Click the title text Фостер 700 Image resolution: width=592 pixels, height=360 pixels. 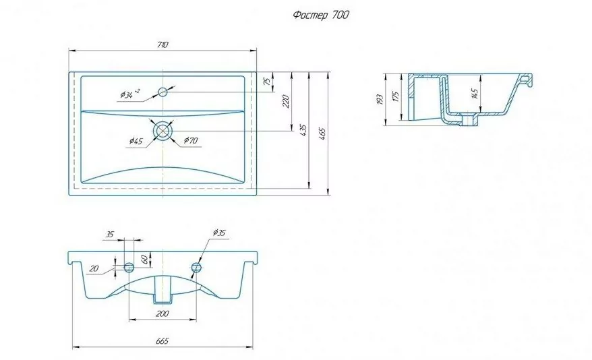321,15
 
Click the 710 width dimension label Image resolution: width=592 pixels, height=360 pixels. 162,45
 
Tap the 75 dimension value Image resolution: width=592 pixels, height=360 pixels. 267,81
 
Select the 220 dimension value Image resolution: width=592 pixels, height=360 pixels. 286,102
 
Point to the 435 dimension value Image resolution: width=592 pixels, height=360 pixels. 303,130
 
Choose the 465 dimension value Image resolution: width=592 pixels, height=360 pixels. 323,133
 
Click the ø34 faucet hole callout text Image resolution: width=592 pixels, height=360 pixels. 130,93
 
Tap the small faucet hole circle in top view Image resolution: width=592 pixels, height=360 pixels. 163,91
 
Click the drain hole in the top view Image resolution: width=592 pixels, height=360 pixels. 162,131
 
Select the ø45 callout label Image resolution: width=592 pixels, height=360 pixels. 136,141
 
